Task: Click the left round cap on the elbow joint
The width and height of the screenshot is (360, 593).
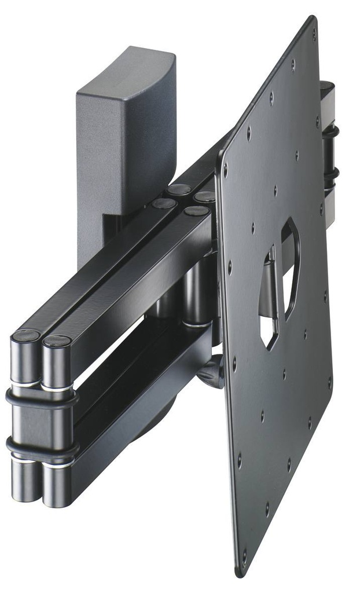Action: pyautogui.click(x=27, y=335)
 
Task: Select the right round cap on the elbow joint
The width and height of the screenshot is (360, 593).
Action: pyautogui.click(x=57, y=341)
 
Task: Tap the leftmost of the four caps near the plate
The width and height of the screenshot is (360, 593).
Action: pyautogui.click(x=164, y=203)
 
